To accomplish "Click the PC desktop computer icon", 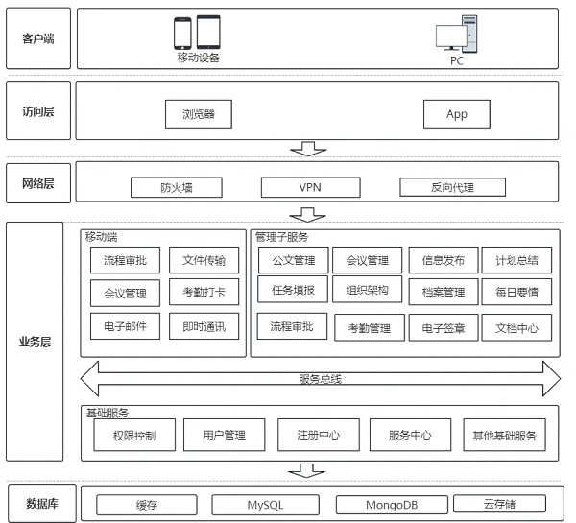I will click(x=456, y=36).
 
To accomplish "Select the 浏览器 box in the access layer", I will click(x=199, y=114).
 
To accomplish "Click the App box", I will click(x=457, y=114).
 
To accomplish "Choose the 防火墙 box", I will click(x=177, y=187).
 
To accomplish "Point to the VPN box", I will click(x=309, y=187).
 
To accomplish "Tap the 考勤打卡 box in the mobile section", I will click(x=204, y=293).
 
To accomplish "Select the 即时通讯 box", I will click(x=204, y=326).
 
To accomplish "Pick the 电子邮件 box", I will click(x=125, y=326).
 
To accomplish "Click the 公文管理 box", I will click(x=293, y=260).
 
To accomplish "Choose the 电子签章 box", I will click(x=444, y=328).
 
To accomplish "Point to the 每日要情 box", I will click(x=516, y=292).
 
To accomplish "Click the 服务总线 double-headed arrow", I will click(x=321, y=379).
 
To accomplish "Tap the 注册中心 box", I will click(x=317, y=435).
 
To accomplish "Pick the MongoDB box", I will click(x=392, y=505).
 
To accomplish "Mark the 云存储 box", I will click(x=499, y=504).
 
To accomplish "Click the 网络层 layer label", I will click(x=38, y=183).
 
